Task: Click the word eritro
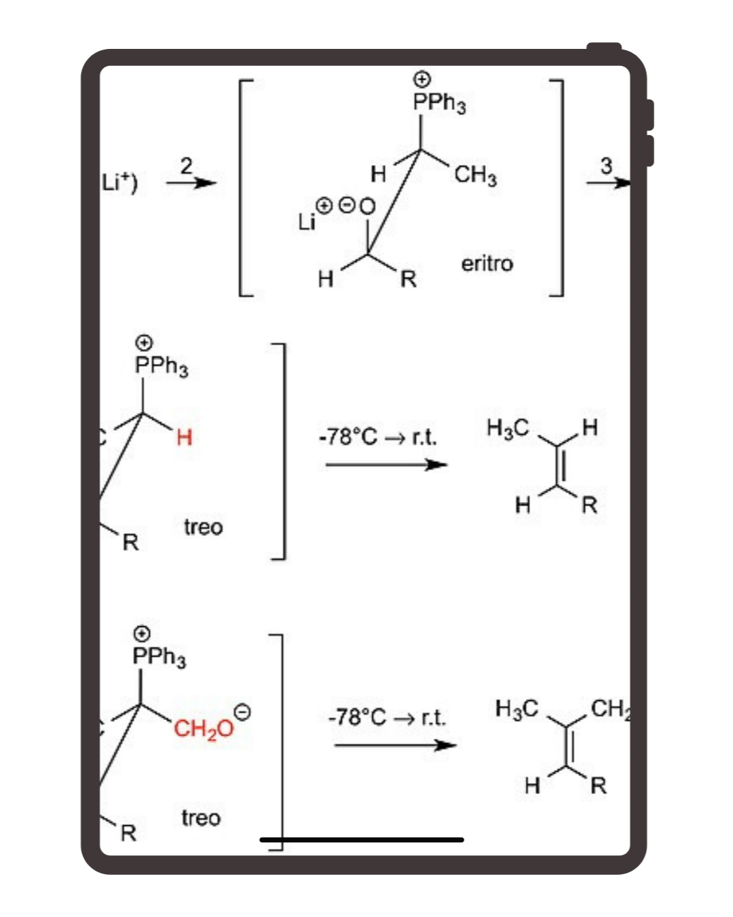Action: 487,264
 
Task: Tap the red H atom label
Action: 184,437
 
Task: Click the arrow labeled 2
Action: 191,182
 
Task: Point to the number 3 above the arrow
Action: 606,165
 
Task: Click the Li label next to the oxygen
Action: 307,221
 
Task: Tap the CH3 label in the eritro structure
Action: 475,175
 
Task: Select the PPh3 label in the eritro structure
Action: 439,103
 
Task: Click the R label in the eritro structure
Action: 408,278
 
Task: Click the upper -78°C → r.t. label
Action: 378,436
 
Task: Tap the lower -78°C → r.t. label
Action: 387,717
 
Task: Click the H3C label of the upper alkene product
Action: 508,427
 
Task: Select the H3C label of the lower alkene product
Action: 516,708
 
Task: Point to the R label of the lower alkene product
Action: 598,786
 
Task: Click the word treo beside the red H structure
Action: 203,526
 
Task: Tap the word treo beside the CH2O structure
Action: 201,817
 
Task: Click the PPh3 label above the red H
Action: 162,365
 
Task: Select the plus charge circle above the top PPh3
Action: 422,79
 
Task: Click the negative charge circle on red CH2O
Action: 242,712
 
